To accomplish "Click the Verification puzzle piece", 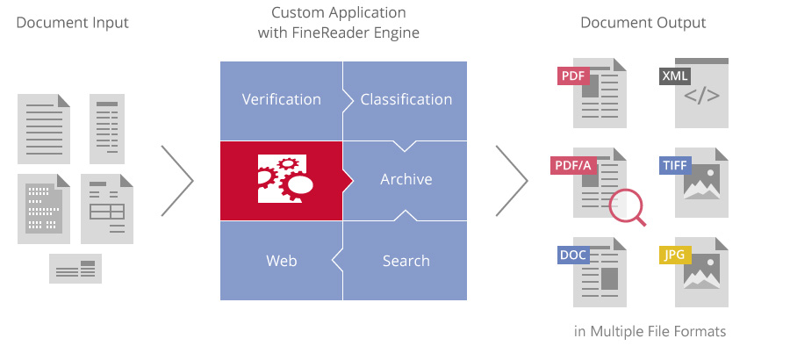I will (x=281, y=99).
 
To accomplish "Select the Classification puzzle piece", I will (x=406, y=99).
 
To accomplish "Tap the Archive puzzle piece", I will (x=406, y=179).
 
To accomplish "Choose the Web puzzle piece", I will (x=281, y=261).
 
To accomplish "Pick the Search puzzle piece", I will (x=406, y=261).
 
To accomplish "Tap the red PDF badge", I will (x=572, y=76).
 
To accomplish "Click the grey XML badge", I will (x=675, y=76).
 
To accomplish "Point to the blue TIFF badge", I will (x=675, y=165).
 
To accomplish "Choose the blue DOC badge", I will (x=573, y=256).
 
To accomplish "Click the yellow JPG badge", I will (x=675, y=256).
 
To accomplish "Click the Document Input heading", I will (x=72, y=23).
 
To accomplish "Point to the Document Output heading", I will (x=643, y=23).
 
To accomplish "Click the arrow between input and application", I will (x=177, y=180).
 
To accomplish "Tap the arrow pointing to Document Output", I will (x=513, y=180).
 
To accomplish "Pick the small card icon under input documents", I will (x=75, y=269).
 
